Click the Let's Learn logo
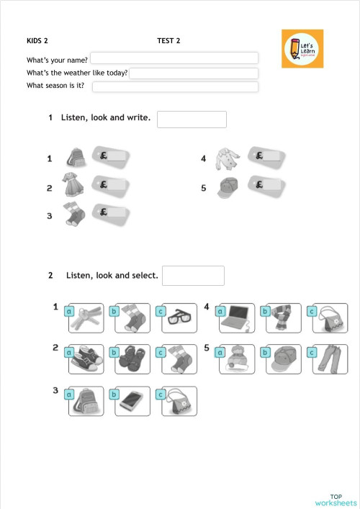coord(302,49)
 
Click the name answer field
coord(174,58)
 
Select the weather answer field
coord(193,73)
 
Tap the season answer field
coord(175,87)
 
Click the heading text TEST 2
coord(168,41)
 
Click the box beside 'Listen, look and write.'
coord(192,120)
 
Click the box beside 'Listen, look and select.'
coord(193,276)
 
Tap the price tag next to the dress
coord(111,185)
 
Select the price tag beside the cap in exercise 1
coord(266,185)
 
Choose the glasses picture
coord(176,319)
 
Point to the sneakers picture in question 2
coord(86,360)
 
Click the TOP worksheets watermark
coord(336,500)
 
